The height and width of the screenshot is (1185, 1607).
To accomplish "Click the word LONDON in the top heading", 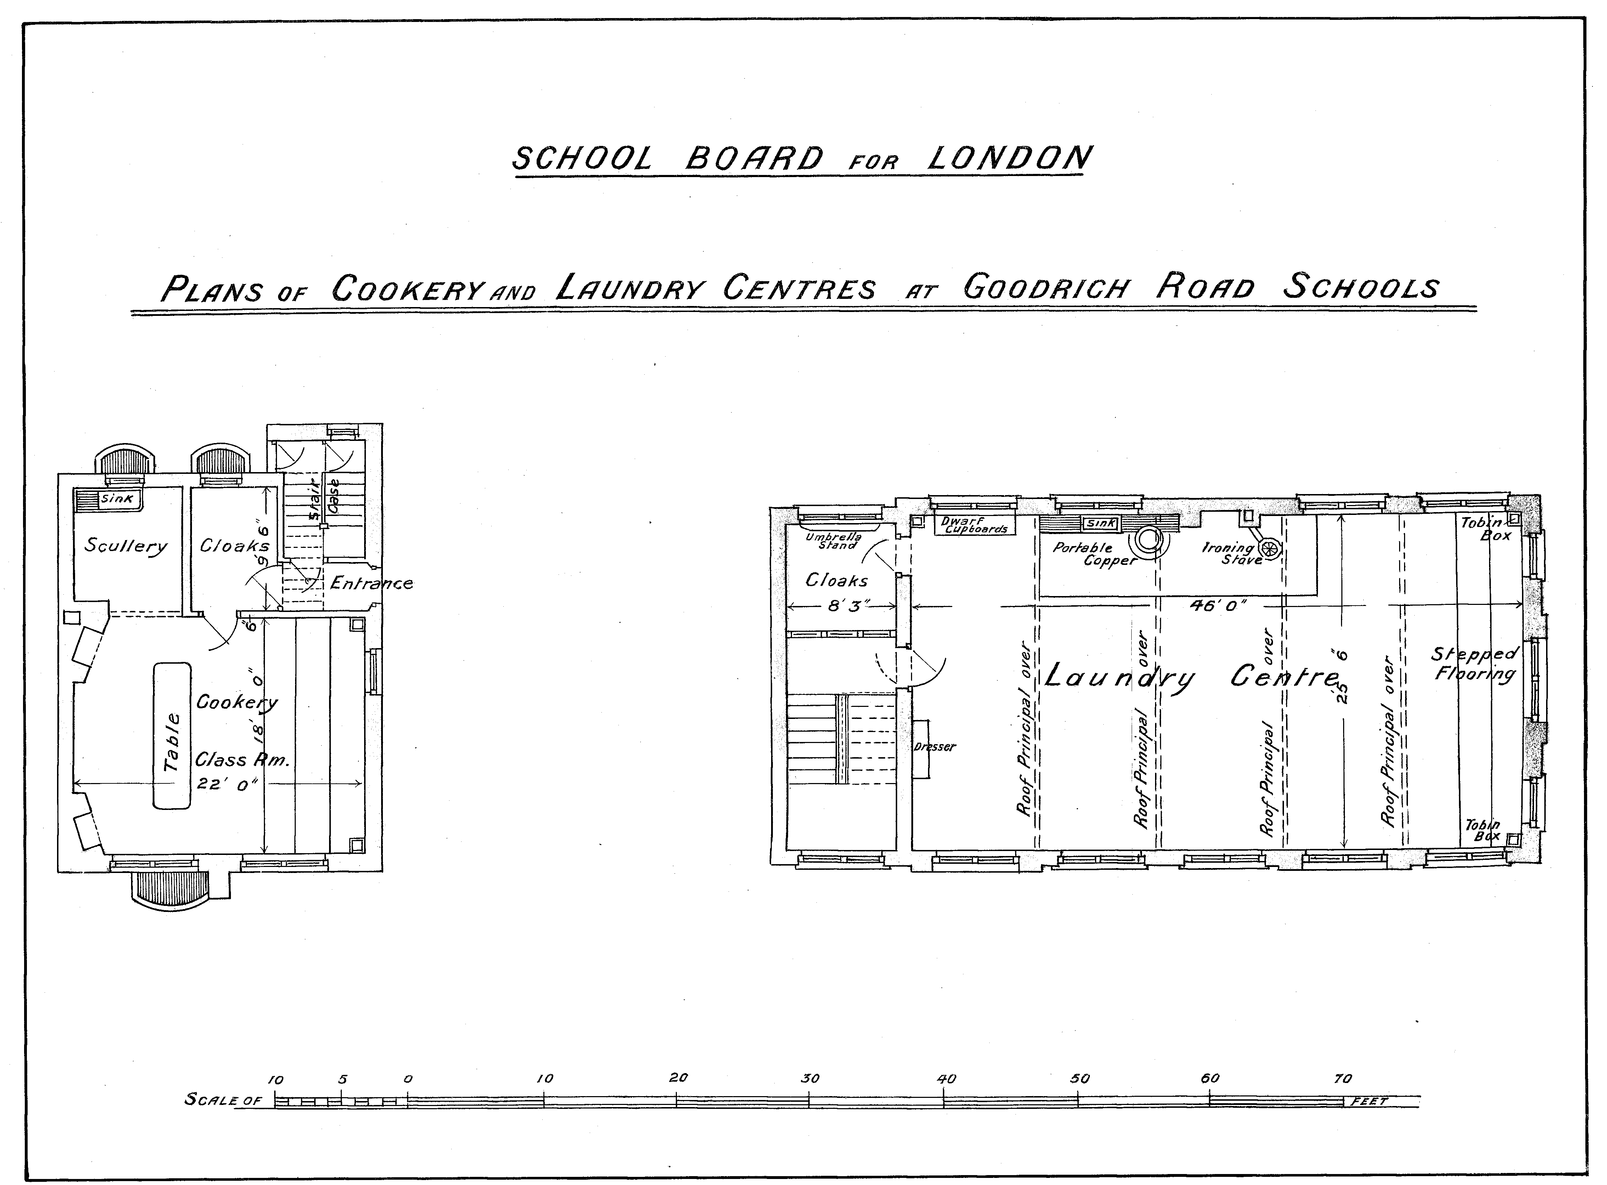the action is pos(1009,159).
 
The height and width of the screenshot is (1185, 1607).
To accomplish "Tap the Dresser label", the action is pos(935,747).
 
